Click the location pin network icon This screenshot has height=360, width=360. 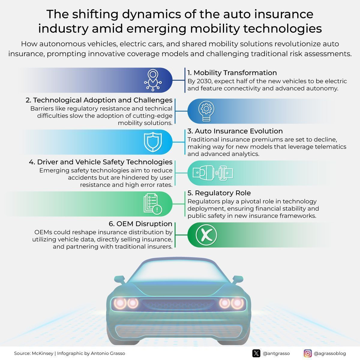click(153, 80)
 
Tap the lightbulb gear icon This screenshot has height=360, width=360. click(206, 111)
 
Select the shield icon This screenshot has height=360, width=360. click(153, 142)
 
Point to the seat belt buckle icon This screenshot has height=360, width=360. click(213, 173)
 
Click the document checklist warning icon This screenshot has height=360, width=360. click(153, 204)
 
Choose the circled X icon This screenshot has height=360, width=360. click(206, 235)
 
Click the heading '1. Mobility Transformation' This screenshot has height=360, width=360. click(232, 73)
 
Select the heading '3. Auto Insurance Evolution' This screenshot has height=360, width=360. click(235, 131)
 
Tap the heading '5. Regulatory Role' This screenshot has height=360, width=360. click(219, 193)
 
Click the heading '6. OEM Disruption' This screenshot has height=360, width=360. click(140, 224)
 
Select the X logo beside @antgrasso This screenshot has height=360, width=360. click(256, 353)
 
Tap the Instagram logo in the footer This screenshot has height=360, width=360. click(308, 353)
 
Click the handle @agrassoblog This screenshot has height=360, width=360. click(330, 353)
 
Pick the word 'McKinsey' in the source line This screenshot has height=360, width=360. click(43, 353)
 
